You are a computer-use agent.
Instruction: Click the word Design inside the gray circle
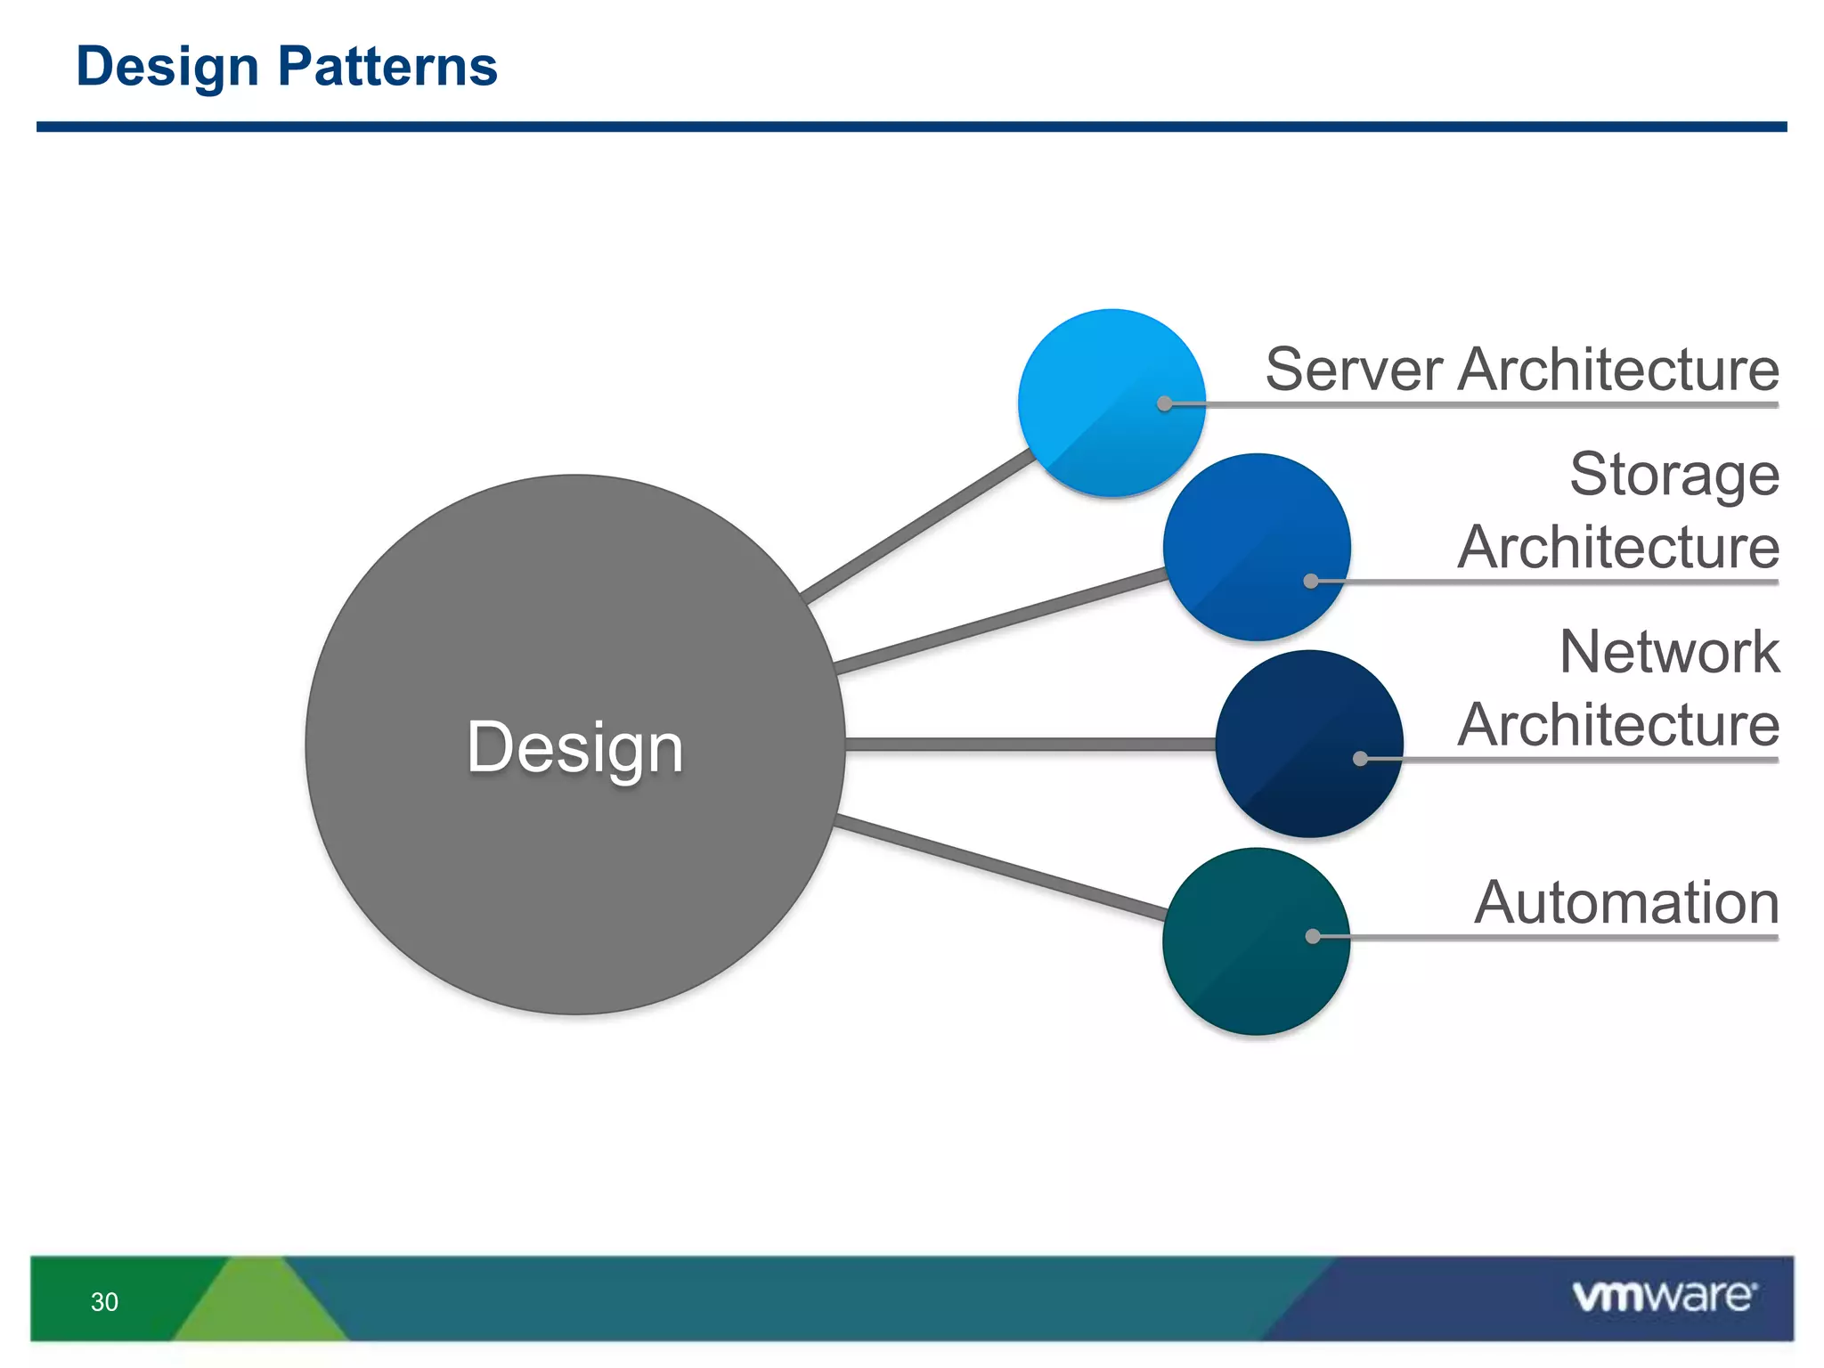click(574, 748)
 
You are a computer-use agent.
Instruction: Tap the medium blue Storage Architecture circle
click(1247, 534)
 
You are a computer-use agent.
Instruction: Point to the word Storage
click(1674, 475)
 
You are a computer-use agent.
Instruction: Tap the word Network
click(1669, 652)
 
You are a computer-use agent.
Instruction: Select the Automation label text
click(1625, 903)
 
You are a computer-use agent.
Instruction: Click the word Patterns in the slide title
click(387, 67)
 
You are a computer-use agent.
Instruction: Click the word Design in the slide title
click(167, 67)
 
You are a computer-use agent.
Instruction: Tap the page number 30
click(104, 1302)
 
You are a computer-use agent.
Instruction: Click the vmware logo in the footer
click(1664, 1296)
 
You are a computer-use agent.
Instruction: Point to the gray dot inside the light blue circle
click(1164, 403)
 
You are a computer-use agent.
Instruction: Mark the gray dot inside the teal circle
click(1313, 936)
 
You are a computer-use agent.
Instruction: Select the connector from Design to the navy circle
click(1029, 744)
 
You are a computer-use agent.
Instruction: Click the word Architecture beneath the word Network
click(1618, 725)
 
